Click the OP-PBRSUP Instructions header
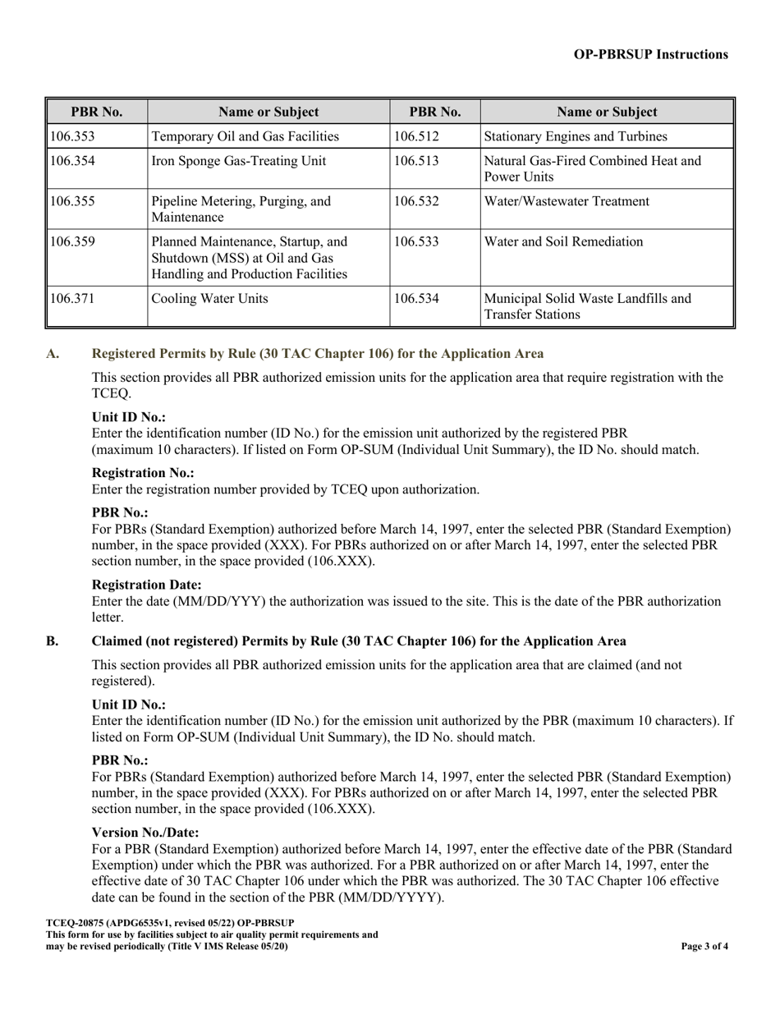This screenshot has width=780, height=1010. (650, 54)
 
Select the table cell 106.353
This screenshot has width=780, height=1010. (72, 136)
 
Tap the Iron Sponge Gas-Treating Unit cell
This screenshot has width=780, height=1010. (239, 161)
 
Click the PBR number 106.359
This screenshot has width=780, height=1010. (72, 241)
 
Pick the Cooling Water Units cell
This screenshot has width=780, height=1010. (209, 299)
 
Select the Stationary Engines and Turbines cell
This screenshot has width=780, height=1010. (576, 136)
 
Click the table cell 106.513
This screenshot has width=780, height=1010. (416, 161)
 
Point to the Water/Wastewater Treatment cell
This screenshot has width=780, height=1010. (567, 201)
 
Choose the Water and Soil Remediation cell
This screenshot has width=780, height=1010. (564, 241)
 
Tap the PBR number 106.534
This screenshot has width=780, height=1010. (416, 299)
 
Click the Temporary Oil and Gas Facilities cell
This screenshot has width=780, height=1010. (245, 136)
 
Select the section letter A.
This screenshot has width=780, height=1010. (53, 354)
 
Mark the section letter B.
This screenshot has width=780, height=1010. (52, 641)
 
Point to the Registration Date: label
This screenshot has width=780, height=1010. (146, 585)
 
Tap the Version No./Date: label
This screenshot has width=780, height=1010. (145, 833)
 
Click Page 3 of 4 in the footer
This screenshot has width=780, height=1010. (704, 946)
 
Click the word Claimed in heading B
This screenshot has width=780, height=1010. (117, 641)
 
